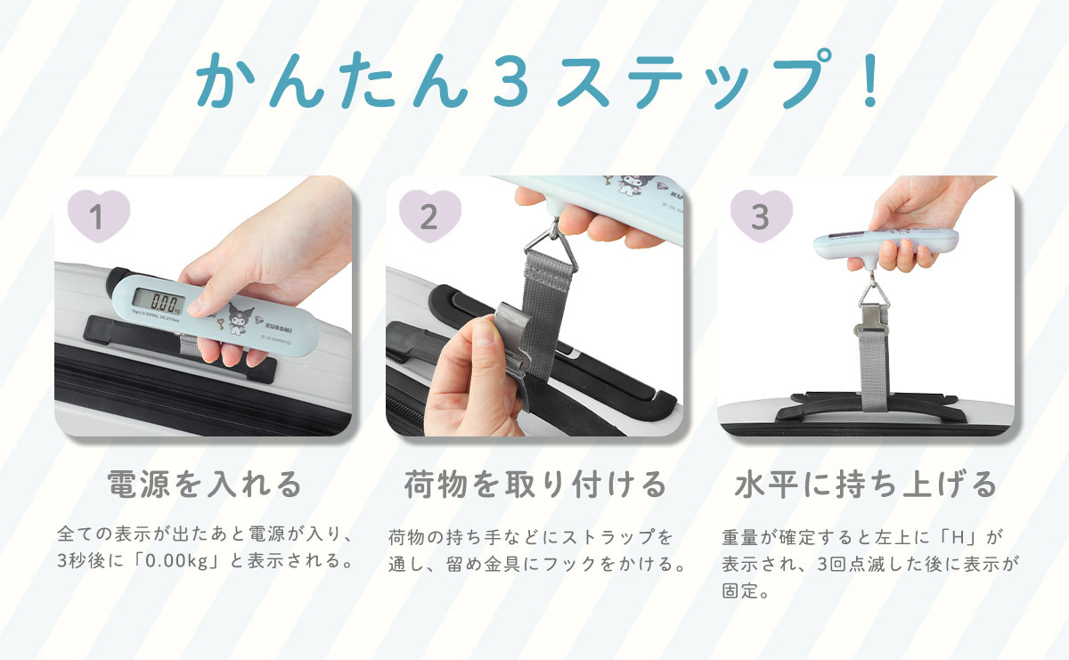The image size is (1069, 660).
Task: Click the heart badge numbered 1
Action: (99, 216)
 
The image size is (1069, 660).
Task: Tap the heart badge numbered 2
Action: (430, 216)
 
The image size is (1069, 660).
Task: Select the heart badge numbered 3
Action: (762, 216)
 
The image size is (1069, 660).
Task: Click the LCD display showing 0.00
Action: (159, 302)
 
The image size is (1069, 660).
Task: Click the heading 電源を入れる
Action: (204, 485)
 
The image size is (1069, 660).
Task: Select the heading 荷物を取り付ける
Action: (535, 485)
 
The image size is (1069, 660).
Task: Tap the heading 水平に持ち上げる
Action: (866, 485)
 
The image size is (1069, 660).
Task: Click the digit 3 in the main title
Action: (510, 81)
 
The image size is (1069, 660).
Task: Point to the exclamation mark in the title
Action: (870, 79)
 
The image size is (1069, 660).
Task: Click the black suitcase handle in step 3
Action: (871, 408)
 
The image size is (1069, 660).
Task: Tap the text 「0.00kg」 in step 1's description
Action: (176, 561)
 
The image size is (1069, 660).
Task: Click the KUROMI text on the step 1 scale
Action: (279, 328)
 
